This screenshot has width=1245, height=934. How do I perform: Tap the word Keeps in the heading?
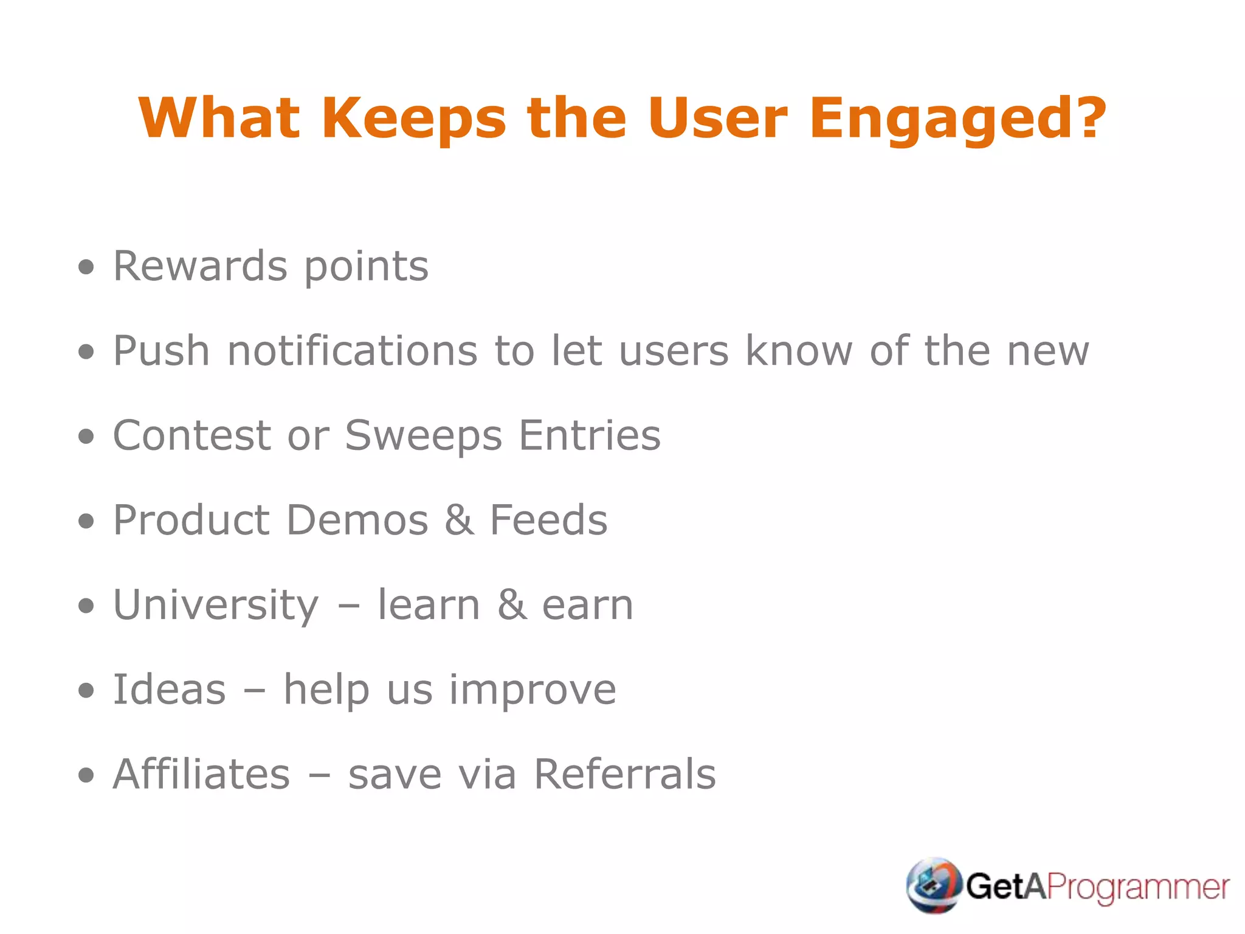click(413, 119)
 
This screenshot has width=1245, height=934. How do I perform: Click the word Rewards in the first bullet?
click(200, 266)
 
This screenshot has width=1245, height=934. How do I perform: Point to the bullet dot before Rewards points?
click(87, 267)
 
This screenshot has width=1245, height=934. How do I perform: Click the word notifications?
click(353, 351)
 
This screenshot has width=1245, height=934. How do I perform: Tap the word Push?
click(162, 351)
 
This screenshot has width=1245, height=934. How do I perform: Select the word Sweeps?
click(424, 436)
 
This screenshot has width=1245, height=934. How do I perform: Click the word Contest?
click(191, 435)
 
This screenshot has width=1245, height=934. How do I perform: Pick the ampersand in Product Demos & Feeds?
click(459, 521)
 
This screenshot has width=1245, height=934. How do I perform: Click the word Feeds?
click(548, 521)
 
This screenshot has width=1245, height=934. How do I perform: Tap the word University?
click(216, 605)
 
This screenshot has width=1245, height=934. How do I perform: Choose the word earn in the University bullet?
click(587, 605)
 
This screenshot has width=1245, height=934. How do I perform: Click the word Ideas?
click(170, 690)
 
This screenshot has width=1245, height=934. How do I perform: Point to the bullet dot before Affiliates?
click(87, 775)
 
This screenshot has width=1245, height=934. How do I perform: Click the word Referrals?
click(625, 774)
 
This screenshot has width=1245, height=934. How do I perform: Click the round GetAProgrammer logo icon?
click(933, 885)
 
